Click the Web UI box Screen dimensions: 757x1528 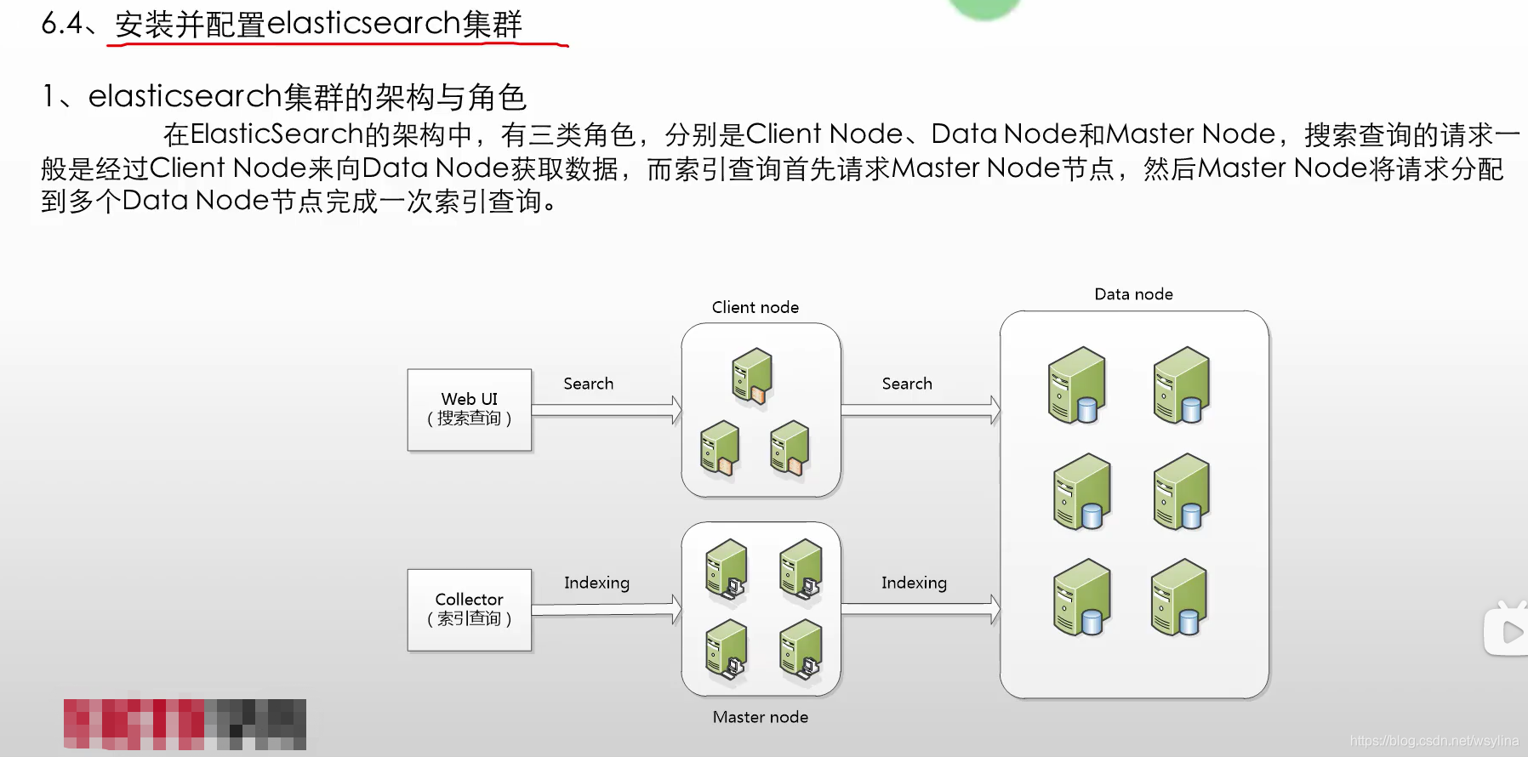[469, 409]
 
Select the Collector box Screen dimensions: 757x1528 [469, 610]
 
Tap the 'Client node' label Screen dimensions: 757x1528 [755, 307]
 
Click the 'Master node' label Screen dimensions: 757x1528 [760, 717]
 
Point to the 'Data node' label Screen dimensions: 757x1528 [1133, 294]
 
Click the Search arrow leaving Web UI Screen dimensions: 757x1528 [606, 410]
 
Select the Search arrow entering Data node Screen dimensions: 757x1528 [920, 410]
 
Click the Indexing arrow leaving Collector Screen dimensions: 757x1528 [606, 609]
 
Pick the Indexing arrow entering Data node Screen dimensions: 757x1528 [920, 609]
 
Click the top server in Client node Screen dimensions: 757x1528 [752, 376]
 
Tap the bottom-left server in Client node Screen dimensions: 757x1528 [720, 448]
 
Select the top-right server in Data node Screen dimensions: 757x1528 [1181, 385]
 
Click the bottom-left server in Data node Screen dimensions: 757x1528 [1081, 598]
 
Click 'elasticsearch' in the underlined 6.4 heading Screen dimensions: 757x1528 [364, 24]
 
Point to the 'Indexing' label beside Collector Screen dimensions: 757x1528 [596, 583]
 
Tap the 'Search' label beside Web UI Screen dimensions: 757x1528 [588, 384]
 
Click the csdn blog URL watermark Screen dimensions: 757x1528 [1434, 741]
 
